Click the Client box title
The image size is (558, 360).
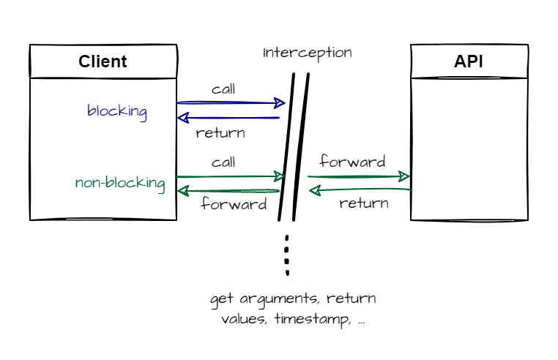103,61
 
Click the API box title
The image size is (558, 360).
469,61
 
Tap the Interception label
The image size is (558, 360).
308,53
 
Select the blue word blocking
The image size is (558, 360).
117,112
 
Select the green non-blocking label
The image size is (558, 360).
120,182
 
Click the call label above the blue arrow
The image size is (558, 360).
223,89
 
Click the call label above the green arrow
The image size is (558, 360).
223,162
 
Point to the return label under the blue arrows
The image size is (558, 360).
220,133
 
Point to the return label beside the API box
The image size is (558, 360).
364,203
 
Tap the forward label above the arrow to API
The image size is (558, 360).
352,162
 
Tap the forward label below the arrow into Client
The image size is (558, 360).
234,204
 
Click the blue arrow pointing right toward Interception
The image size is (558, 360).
231,103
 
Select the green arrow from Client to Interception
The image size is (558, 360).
231,176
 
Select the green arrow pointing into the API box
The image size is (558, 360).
359,176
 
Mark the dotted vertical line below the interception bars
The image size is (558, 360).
287,255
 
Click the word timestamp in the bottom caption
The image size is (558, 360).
306,320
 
